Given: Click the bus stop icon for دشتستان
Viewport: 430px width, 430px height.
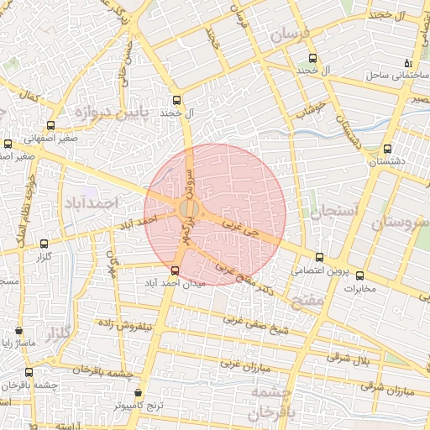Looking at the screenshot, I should pyautogui.click(x=387, y=149).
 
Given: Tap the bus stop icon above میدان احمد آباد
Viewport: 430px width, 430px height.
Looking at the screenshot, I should pyautogui.click(x=175, y=270).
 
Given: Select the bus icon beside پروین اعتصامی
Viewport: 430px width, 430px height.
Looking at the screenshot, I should pyautogui.click(x=317, y=258).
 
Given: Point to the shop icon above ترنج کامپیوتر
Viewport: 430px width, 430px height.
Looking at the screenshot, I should pyautogui.click(x=138, y=392).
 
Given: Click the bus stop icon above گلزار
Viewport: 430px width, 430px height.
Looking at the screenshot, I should pyautogui.click(x=43, y=244).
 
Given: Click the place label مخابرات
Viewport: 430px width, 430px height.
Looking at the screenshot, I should pyautogui.click(x=361, y=288).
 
